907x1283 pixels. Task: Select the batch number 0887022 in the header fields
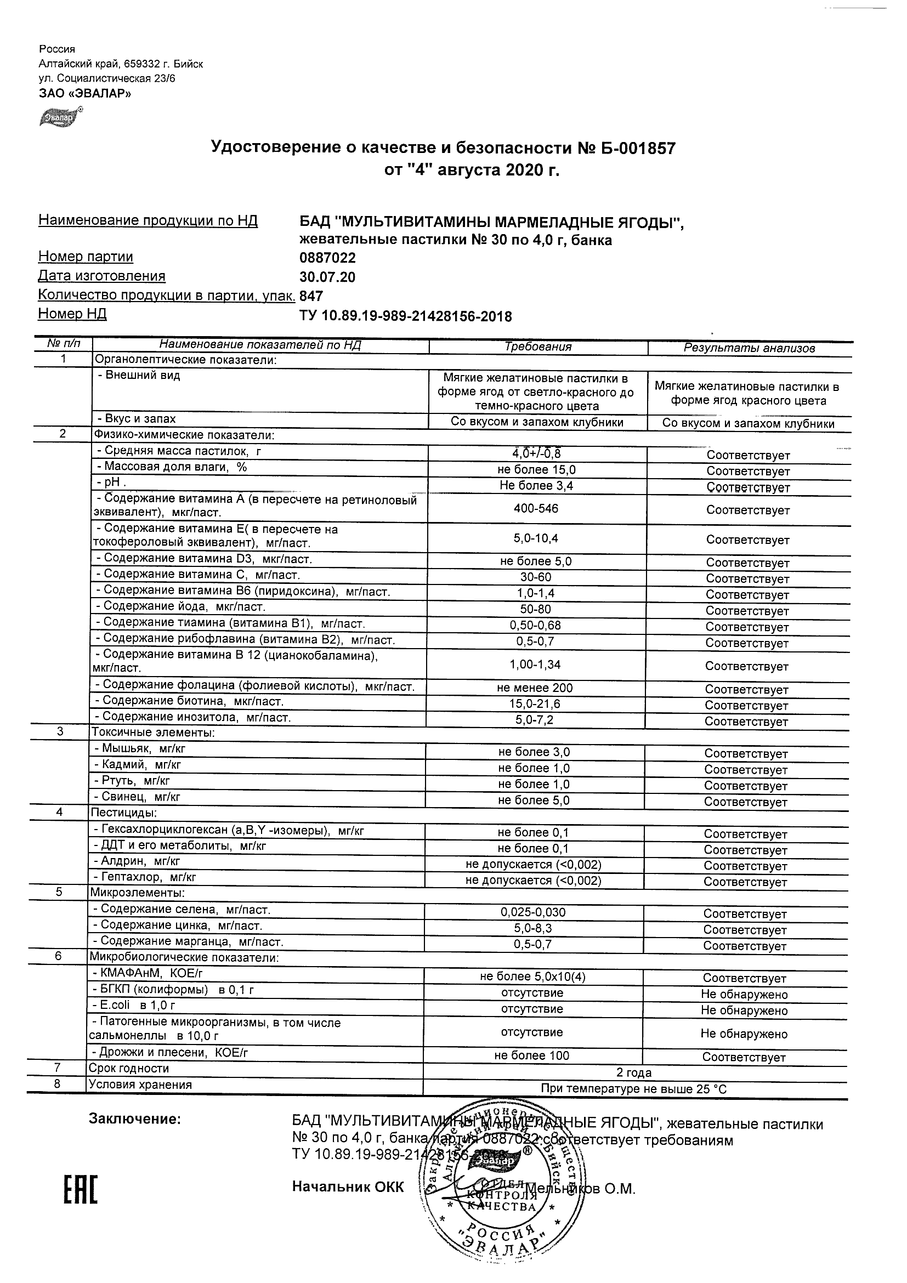(327, 258)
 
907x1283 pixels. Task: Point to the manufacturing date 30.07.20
(327, 277)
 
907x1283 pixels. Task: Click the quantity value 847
(311, 296)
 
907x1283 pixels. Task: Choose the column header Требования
(537, 347)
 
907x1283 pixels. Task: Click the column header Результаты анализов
(749, 349)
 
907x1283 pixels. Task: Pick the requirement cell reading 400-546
(536, 508)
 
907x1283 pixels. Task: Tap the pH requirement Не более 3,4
(536, 486)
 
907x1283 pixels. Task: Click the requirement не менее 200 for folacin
(535, 689)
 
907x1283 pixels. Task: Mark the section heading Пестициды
(123, 813)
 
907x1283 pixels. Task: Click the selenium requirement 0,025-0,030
(533, 912)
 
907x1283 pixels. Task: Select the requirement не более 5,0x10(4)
(532, 977)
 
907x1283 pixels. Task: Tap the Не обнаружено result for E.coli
(744, 1010)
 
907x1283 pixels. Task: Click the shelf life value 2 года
(634, 1073)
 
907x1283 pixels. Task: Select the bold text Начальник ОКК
(348, 1188)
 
